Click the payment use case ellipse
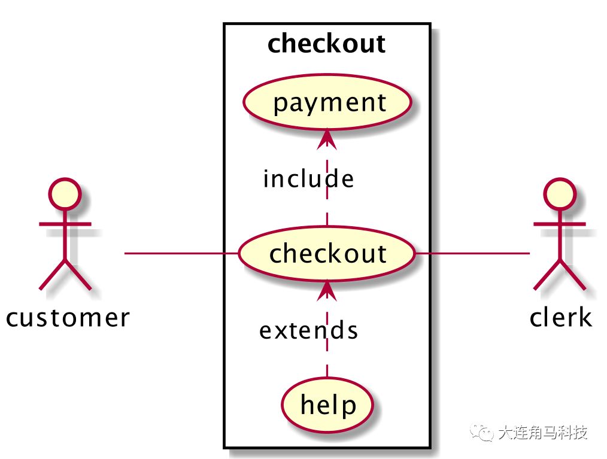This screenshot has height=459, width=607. [327, 102]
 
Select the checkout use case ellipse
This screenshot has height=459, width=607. [327, 253]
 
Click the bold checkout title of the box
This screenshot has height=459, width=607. [327, 44]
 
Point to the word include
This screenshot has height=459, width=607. [308, 179]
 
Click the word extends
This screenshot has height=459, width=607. [308, 330]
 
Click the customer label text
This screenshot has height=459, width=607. [68, 317]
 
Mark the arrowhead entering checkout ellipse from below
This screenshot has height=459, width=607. [326, 290]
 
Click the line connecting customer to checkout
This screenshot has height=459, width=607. [180, 254]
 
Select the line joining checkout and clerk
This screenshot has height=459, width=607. [473, 254]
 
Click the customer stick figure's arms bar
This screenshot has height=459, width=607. [65, 224]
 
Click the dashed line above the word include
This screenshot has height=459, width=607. [327, 157]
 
